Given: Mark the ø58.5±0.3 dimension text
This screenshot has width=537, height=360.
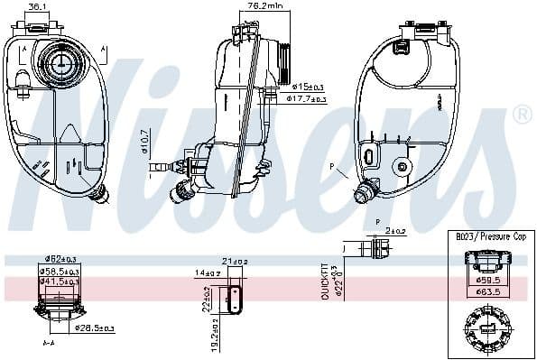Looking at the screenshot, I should point(59,271).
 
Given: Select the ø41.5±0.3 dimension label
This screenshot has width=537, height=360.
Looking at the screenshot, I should point(59,282).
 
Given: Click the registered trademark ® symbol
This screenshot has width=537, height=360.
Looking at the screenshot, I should point(521,115).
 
